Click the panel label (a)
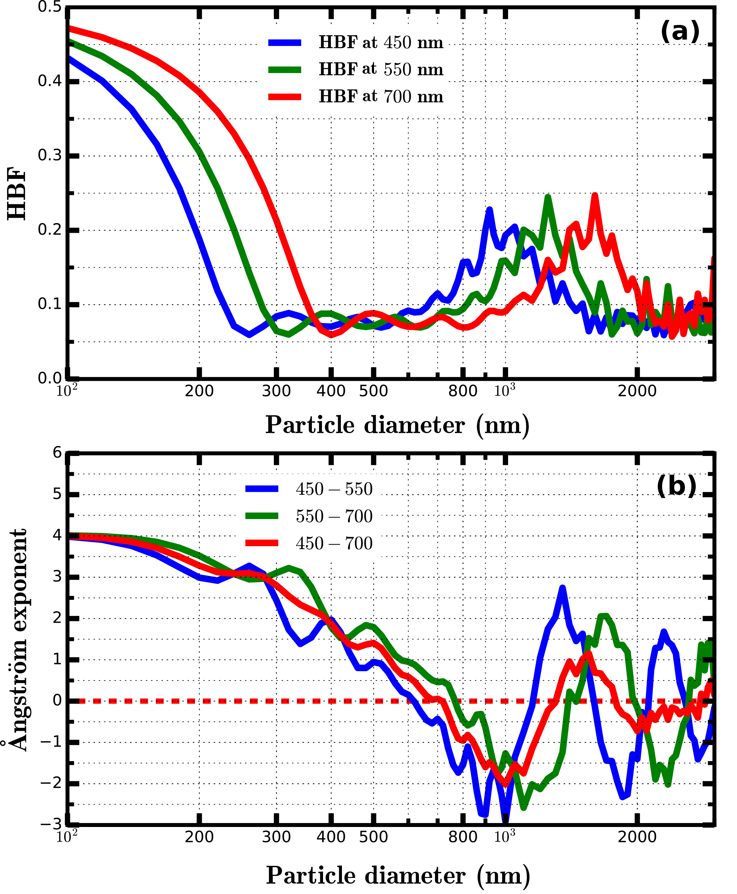[x=679, y=32]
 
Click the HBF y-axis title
[x=17, y=194]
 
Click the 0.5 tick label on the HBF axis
[x=49, y=7]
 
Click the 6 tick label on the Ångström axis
[x=57, y=453]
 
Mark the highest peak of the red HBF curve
[x=595, y=196]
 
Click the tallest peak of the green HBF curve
[x=548, y=197]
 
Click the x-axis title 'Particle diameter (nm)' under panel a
[x=397, y=425]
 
